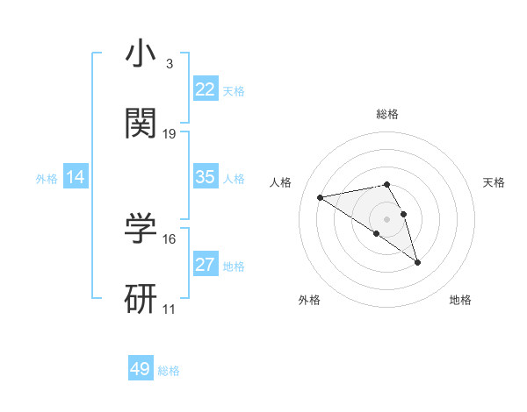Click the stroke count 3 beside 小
pyautogui.click(x=169, y=64)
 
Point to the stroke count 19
pyautogui.click(x=170, y=134)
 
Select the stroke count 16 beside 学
pyautogui.click(x=170, y=238)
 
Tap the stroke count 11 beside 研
pyautogui.click(x=170, y=309)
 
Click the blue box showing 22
pyautogui.click(x=205, y=89)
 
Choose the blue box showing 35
pyautogui.click(x=205, y=177)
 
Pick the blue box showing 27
pyautogui.click(x=205, y=265)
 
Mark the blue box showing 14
pyautogui.click(x=76, y=177)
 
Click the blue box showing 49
pyautogui.click(x=141, y=369)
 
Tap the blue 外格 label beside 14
pyautogui.click(x=47, y=179)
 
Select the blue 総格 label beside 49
pyautogui.click(x=169, y=371)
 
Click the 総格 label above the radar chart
pyautogui.click(x=387, y=114)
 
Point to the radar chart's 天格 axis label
pyautogui.click(x=494, y=182)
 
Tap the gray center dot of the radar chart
pyautogui.click(x=387, y=218)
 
